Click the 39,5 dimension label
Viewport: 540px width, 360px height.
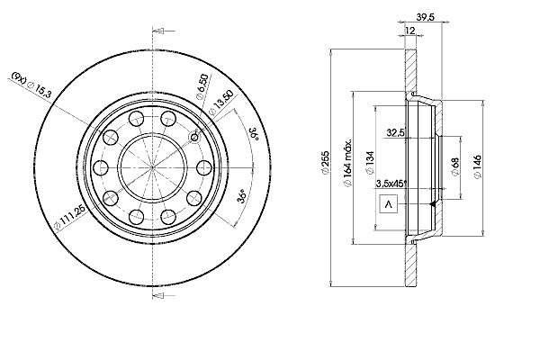click(426, 17)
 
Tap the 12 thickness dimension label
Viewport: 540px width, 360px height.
click(409, 31)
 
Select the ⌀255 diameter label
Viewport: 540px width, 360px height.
click(326, 163)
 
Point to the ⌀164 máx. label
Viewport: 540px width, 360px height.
click(347, 163)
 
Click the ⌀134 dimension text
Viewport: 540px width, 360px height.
click(370, 163)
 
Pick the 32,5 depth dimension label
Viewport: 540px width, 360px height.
click(395, 132)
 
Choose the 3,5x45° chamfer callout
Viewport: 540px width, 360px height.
click(391, 184)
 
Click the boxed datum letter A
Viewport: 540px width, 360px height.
click(389, 204)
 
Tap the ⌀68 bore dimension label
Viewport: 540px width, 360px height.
click(455, 166)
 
